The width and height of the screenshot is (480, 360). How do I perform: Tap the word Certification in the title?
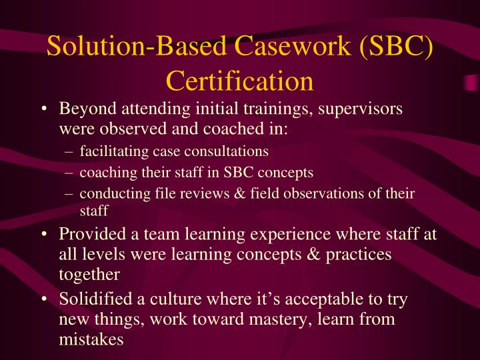[239, 80]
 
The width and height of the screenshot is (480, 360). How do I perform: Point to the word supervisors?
[359, 109]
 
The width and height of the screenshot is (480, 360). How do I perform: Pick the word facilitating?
[111, 151]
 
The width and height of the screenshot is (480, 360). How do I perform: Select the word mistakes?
[91, 339]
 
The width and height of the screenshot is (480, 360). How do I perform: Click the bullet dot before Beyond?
[43, 109]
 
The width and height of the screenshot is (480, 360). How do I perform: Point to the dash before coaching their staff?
[71, 172]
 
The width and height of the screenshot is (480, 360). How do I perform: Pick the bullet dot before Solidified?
[43, 300]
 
